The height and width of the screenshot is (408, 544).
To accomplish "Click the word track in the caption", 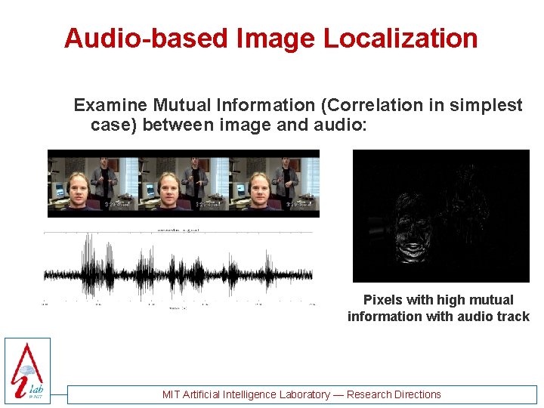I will tap(513, 317).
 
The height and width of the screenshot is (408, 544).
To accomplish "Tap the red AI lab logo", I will tap(27, 370).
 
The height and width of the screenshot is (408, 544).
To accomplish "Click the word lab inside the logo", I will tap(36, 388).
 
